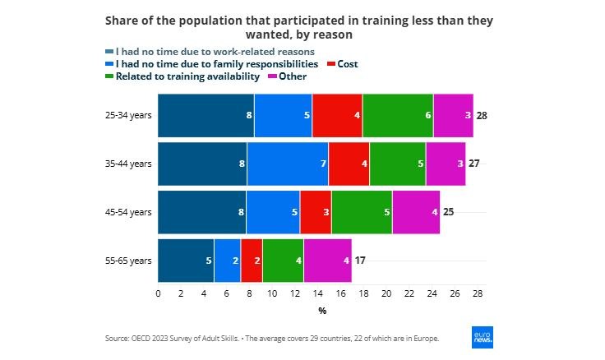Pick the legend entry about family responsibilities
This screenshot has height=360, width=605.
click(211, 63)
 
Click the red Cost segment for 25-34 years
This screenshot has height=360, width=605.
click(337, 115)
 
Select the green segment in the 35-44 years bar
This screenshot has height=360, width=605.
click(397, 164)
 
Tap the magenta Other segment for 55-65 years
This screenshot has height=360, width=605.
click(327, 261)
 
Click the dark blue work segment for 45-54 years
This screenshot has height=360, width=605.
click(201, 212)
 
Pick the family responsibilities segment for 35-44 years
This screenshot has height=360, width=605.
click(287, 164)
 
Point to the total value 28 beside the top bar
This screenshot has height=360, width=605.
click(483, 116)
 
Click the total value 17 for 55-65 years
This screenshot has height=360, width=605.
click(360, 261)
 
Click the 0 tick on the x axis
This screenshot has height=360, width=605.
click(158, 293)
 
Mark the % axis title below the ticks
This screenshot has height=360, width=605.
click(322, 311)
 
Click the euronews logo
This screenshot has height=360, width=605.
click(483, 338)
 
